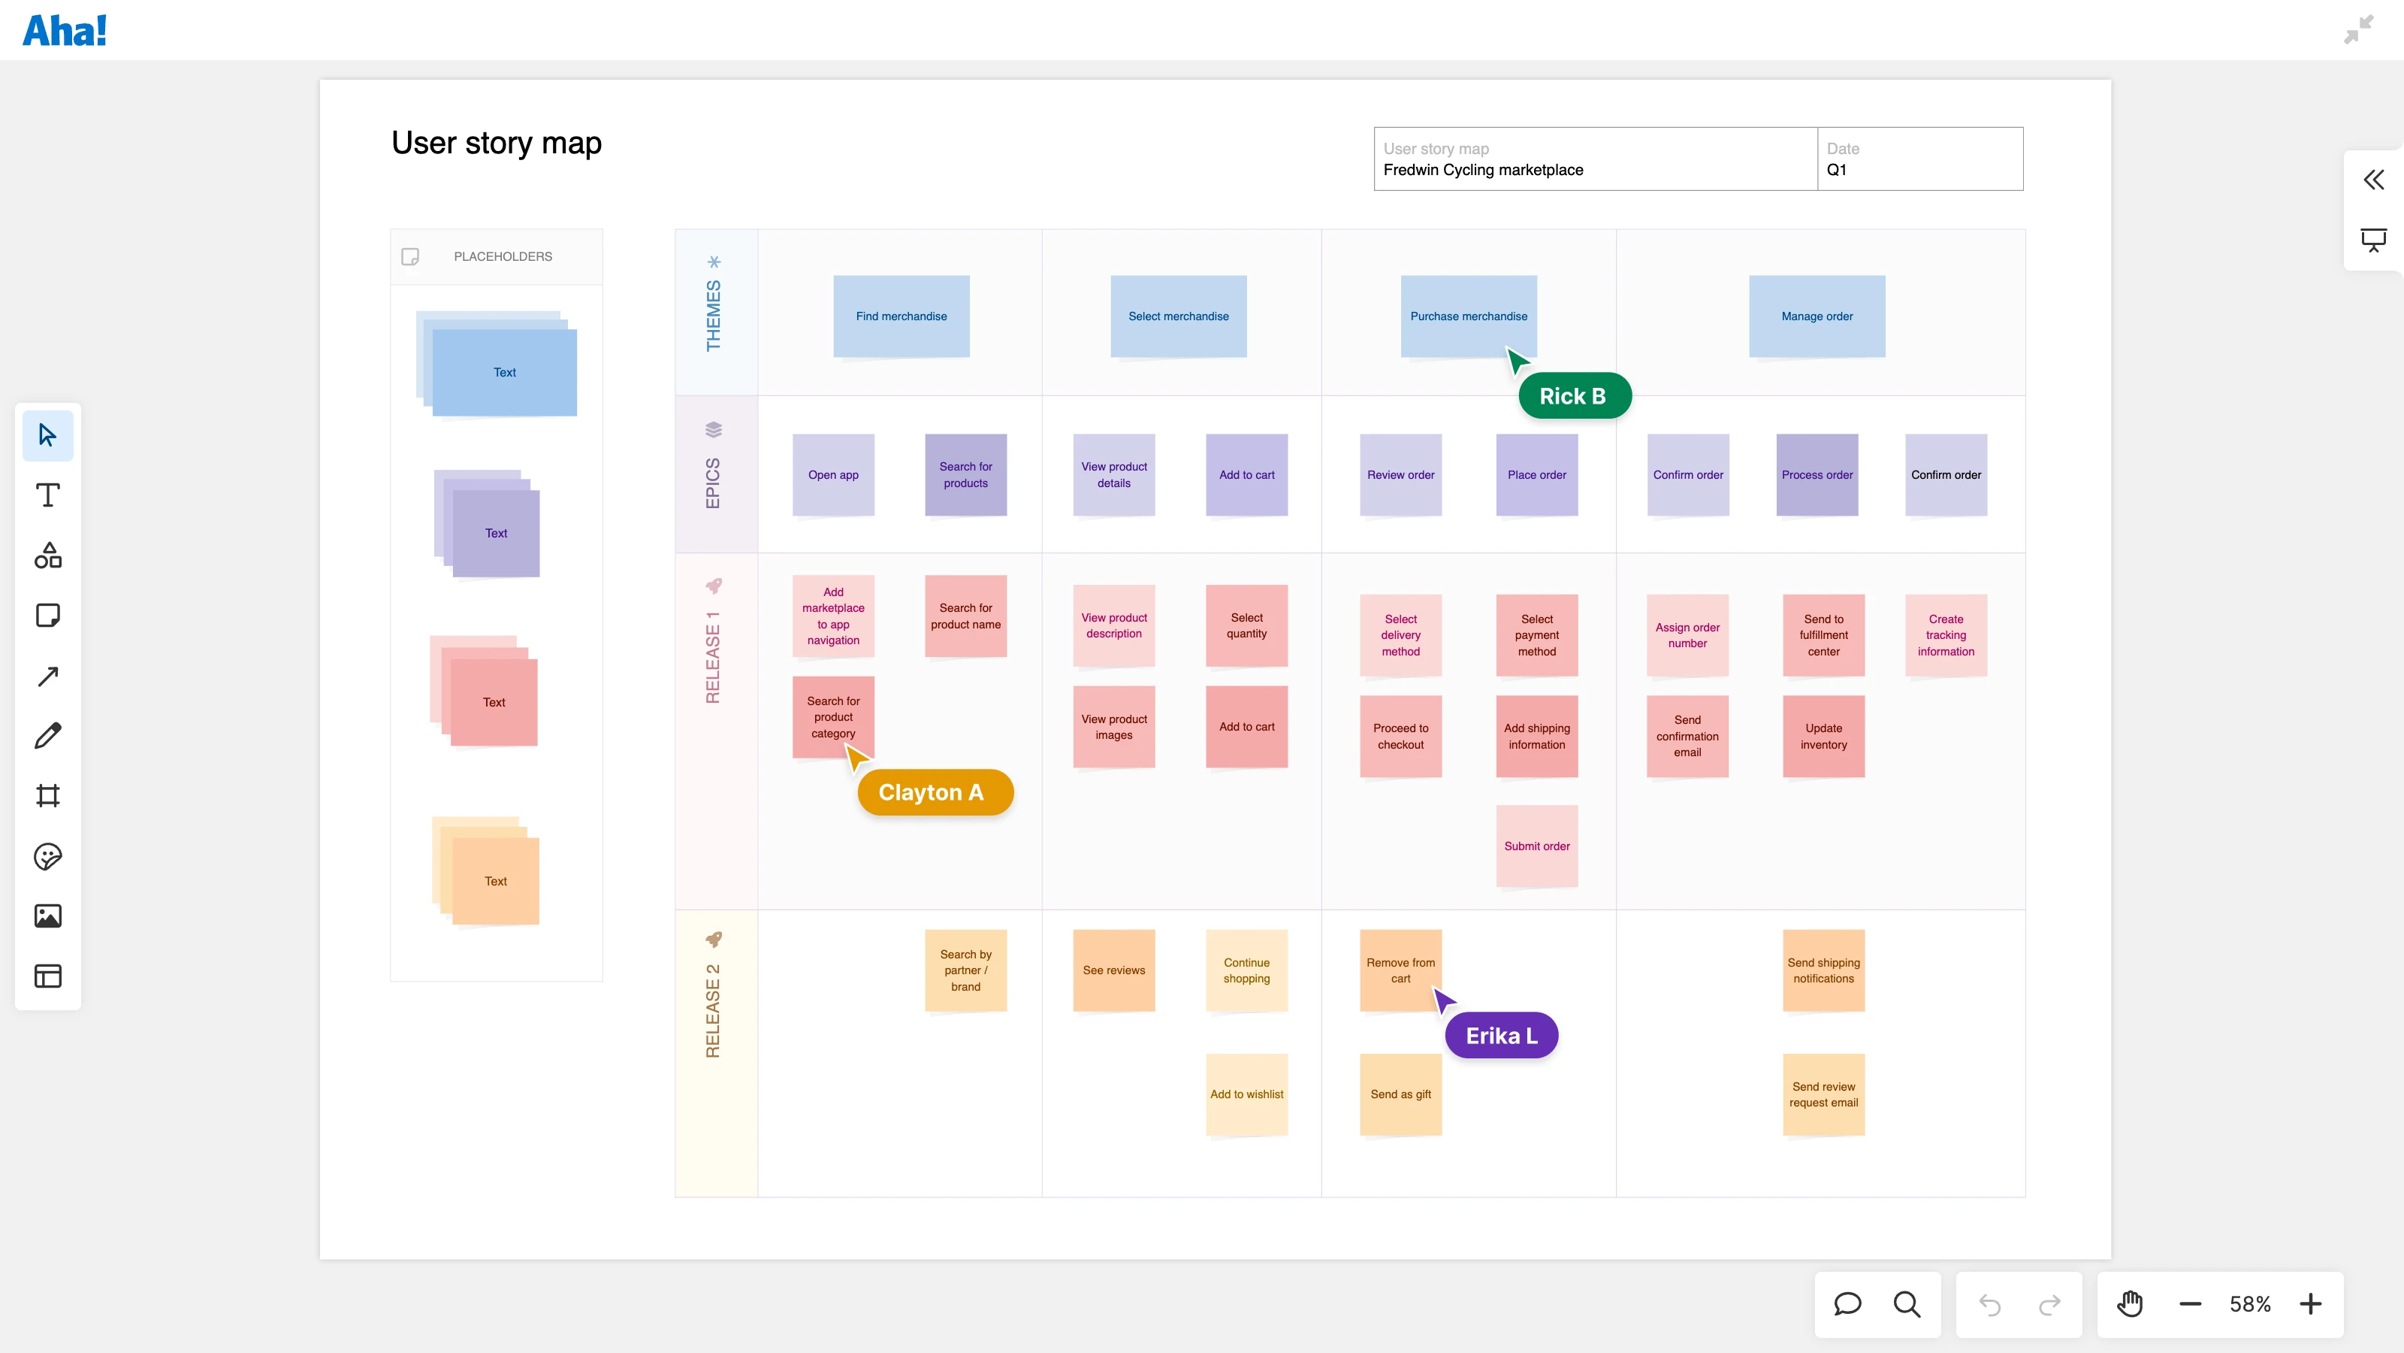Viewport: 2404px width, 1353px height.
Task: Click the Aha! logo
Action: [65, 31]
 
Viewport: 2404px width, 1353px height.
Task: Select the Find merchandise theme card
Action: [901, 316]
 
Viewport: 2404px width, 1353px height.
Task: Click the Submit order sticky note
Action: [1536, 846]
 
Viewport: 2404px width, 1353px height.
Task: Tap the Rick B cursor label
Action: [1573, 396]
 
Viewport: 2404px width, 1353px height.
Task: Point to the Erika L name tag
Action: [1501, 1036]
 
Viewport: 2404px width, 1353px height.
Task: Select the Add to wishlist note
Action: [1246, 1094]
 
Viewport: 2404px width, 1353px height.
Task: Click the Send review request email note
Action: [1823, 1094]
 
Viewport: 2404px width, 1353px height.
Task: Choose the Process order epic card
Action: [1816, 474]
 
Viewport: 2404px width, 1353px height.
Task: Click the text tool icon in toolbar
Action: [47, 495]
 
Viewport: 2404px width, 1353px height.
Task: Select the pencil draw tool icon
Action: [47, 736]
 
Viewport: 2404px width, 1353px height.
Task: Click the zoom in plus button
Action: [2310, 1303]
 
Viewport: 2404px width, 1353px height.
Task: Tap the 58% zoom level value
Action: [2249, 1303]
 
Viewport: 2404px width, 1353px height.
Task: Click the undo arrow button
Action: [1989, 1303]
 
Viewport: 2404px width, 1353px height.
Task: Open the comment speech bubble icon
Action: [1847, 1303]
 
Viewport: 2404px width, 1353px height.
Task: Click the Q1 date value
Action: [1835, 170]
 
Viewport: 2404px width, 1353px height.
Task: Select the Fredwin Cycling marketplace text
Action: [1482, 170]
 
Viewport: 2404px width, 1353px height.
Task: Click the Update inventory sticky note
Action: [1823, 736]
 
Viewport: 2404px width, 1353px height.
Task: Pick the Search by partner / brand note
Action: [965, 970]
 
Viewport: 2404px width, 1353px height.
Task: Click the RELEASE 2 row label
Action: [713, 1010]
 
